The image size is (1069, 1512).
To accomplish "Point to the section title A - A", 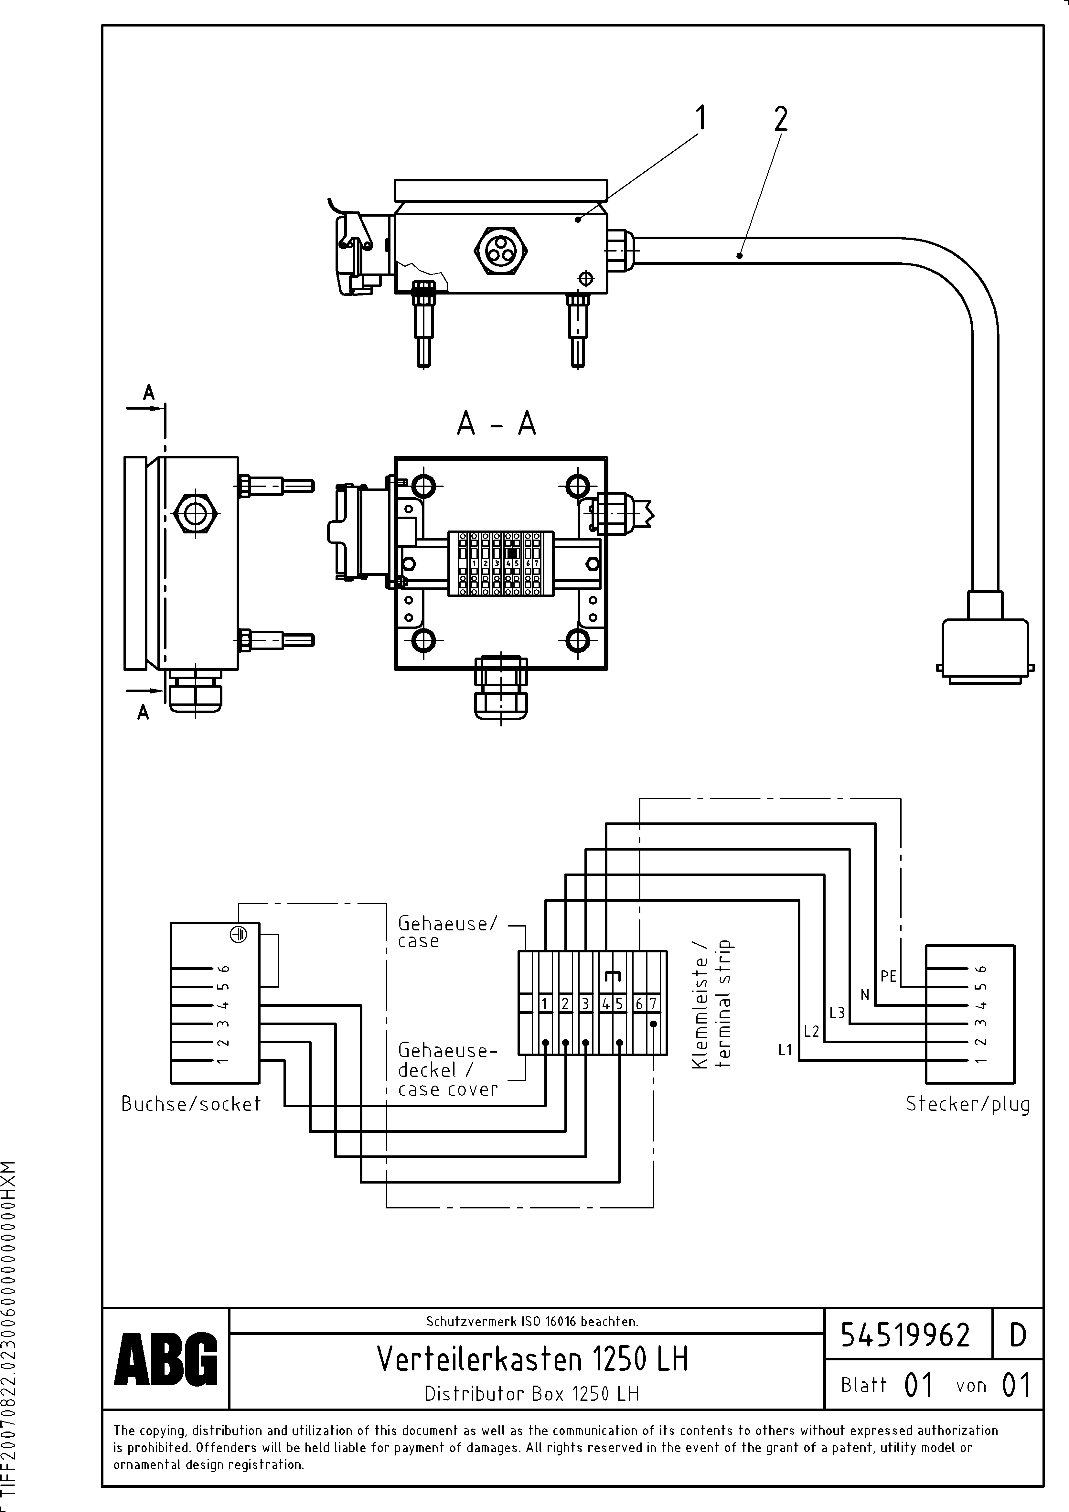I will tap(497, 424).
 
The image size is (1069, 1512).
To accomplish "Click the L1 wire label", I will tap(785, 1050).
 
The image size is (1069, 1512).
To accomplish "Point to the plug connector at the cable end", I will tap(985, 649).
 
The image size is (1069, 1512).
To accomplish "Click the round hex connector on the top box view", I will tap(498, 251).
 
